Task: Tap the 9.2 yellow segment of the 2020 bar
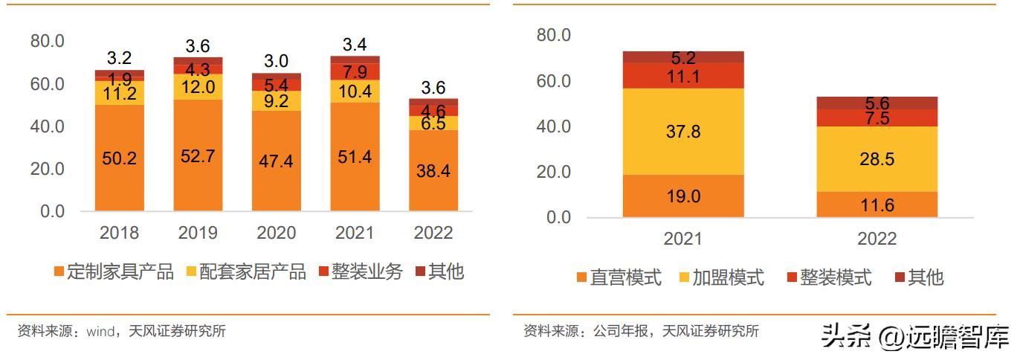tap(277, 101)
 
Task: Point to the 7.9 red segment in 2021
tap(355, 71)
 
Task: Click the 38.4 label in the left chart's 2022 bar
tap(434, 170)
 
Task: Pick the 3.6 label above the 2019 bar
tap(198, 46)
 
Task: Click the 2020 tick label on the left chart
tap(277, 233)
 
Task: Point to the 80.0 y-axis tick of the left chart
tap(48, 40)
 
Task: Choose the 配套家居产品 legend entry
tap(245, 272)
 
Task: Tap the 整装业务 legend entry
tap(360, 272)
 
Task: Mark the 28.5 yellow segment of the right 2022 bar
tap(877, 159)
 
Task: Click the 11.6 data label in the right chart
tap(877, 205)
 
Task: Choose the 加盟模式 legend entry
tap(720, 278)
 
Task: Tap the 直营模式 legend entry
tap(618, 278)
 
